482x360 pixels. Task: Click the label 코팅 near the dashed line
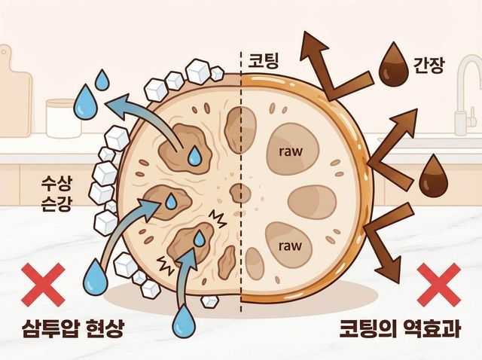point(264,60)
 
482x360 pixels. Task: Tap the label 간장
point(429,66)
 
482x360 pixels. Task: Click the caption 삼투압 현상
point(73,329)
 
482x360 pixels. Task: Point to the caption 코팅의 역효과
point(400,328)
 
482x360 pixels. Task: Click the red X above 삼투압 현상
point(43,285)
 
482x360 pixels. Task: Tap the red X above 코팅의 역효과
point(438,285)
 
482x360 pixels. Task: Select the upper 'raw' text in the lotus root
point(290,151)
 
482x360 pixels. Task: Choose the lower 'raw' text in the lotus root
point(290,246)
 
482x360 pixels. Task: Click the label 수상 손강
point(56,194)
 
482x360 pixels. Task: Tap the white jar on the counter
point(63,119)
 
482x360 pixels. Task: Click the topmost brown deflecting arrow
point(334,66)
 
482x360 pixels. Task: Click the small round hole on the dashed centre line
point(240,194)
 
